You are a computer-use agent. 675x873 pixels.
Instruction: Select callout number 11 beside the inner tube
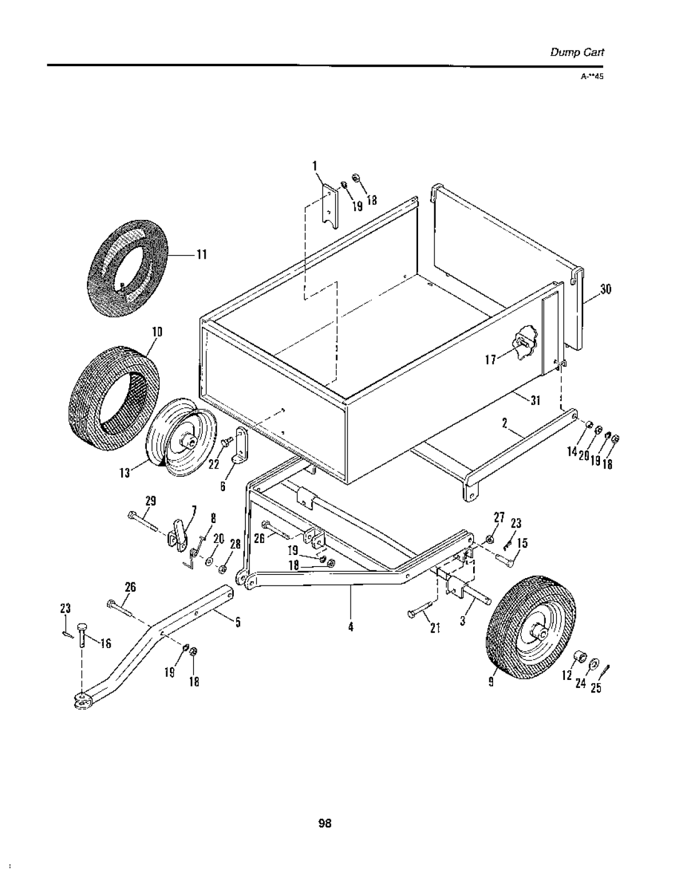[201, 254]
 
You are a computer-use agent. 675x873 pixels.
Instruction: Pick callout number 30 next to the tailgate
[605, 289]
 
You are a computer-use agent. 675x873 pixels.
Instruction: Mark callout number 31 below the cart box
[535, 401]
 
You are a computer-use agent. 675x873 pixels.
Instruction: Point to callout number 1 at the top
[315, 166]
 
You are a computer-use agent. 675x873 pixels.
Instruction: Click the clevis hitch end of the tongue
[80, 700]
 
